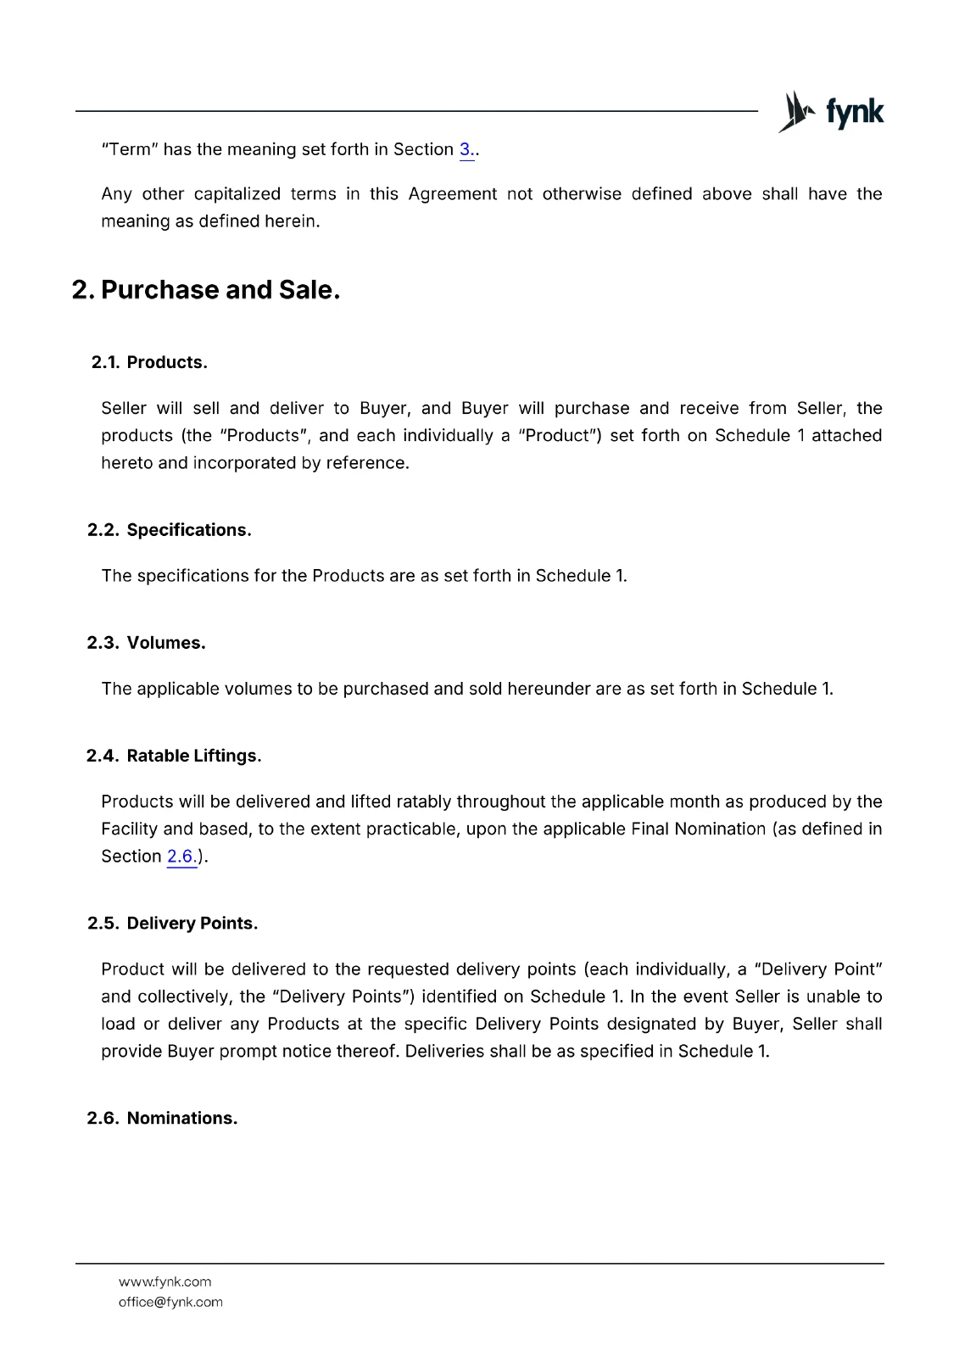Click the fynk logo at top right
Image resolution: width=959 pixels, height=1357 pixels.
pos(831,112)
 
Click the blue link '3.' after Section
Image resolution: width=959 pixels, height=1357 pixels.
pos(466,149)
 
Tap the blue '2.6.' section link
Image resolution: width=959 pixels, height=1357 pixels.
pos(181,856)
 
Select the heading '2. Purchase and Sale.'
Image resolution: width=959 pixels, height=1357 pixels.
pos(206,290)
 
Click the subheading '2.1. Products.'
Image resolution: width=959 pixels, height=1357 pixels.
pos(149,362)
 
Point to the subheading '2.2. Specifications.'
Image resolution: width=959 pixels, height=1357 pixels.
pos(170,530)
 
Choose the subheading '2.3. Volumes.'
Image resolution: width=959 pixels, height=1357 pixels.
pos(147,643)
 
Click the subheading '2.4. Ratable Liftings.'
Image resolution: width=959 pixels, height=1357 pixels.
pos(174,756)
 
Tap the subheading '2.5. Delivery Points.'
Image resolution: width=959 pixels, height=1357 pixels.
pos(172,923)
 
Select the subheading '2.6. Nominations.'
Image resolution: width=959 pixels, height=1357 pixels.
pos(162,1118)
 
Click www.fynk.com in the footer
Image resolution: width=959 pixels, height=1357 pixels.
pos(164,1282)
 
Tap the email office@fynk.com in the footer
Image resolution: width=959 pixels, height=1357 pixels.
pos(170,1302)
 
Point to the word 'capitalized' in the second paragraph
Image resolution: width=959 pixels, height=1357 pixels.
pos(237,193)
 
